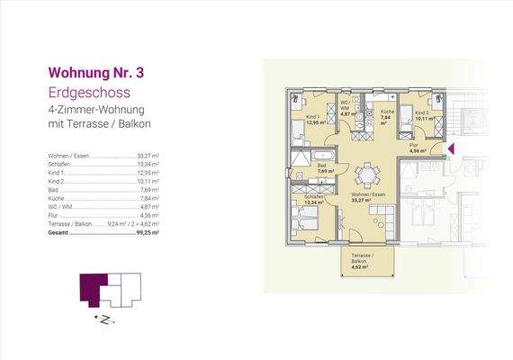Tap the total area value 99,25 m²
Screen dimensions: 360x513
click(148, 231)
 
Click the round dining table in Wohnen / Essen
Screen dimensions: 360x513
click(366, 174)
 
